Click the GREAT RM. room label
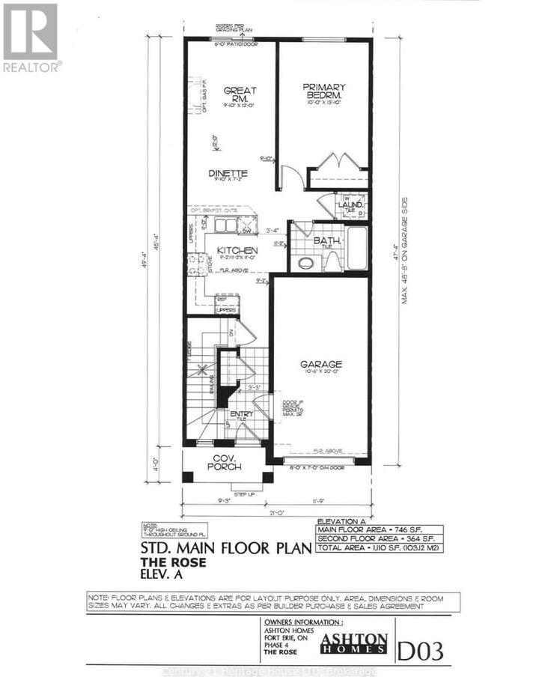240,94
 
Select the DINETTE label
228,173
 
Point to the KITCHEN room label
237,250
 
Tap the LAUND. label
351,204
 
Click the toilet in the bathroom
305,262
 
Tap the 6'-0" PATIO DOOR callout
232,44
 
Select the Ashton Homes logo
354,643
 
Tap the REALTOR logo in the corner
31,37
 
